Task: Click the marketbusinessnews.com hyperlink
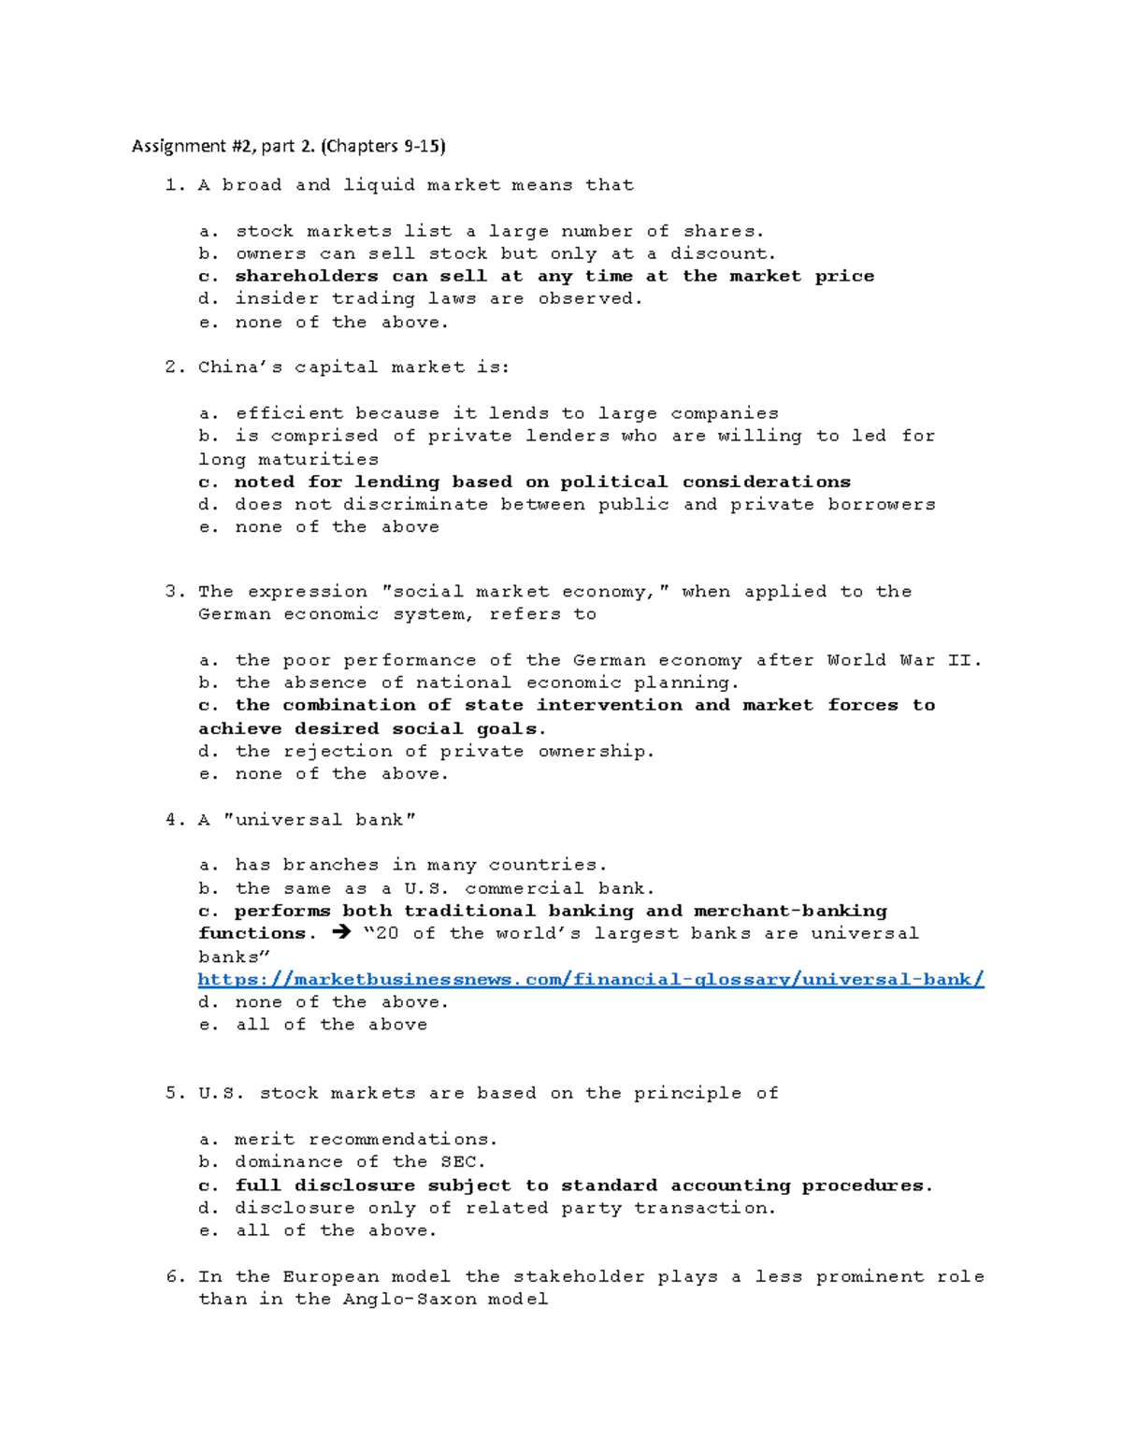click(591, 979)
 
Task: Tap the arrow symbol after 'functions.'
click(340, 933)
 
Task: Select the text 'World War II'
click(903, 660)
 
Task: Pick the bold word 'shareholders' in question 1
click(307, 276)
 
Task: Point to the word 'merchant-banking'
click(790, 911)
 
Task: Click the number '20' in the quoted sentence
click(386, 933)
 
